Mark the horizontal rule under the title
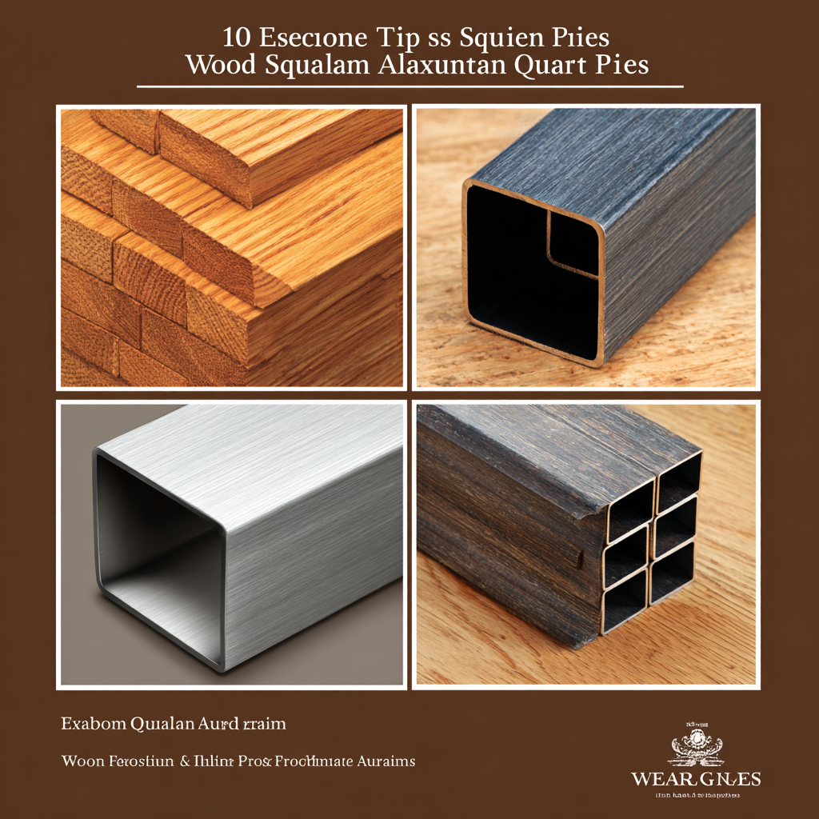(409, 86)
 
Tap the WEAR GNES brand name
(696, 779)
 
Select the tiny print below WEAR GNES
(696, 796)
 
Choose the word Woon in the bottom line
(83, 761)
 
